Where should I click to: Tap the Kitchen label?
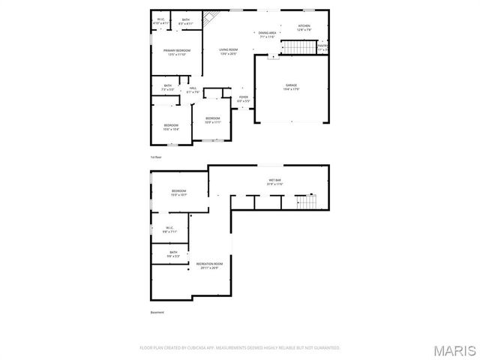point(304,26)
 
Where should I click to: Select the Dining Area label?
point(268,34)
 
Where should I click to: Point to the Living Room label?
point(229,50)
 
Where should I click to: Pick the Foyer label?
point(244,97)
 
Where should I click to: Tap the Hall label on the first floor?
point(193,89)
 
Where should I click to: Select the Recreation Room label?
point(209,264)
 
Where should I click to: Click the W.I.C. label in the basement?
point(169,229)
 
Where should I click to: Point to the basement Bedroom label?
point(178,191)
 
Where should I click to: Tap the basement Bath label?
point(173,253)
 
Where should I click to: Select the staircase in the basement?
point(306,202)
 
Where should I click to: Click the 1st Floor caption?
point(156,157)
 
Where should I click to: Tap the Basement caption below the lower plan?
point(157,312)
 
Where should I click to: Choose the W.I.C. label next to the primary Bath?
point(161,21)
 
